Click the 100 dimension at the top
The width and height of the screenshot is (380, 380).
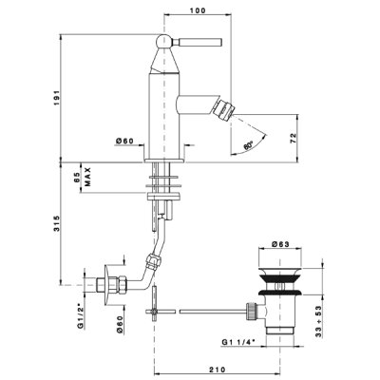point(198,10)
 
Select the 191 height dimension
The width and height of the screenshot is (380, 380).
point(57,100)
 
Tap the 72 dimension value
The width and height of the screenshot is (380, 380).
point(293,138)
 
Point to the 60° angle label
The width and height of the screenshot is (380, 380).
point(248,145)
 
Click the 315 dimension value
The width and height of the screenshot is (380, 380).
point(57,223)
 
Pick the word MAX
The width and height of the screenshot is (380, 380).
point(87,177)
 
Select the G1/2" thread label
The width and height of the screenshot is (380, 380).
point(81,321)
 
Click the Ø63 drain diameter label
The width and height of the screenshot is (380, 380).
point(280,244)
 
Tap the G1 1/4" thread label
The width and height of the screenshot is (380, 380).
point(238,343)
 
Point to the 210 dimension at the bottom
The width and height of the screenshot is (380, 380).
point(217,370)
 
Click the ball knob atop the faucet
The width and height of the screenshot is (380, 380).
point(164,42)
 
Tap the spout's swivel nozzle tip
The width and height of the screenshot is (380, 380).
point(224,110)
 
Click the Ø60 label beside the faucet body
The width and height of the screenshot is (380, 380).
point(125,142)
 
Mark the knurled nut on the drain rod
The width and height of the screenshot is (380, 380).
point(251,312)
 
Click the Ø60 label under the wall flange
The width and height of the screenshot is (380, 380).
point(120,325)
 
